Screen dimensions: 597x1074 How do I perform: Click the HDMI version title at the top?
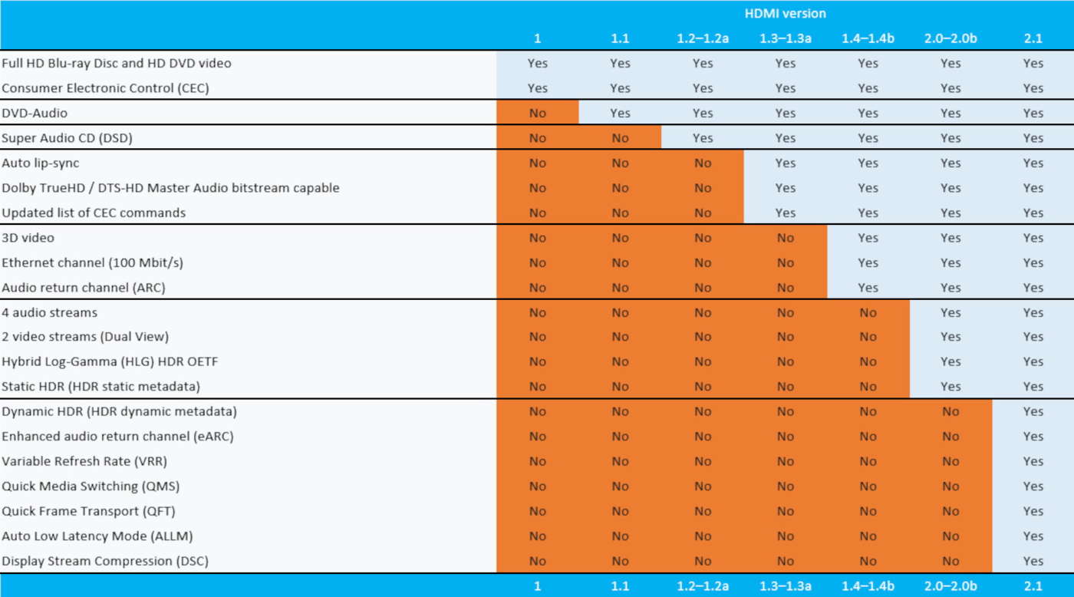[x=785, y=14]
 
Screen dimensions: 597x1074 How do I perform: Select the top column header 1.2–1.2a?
[x=702, y=38]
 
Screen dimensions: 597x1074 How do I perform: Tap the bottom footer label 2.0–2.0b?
[x=950, y=586]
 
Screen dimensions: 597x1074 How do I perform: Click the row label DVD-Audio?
[x=35, y=113]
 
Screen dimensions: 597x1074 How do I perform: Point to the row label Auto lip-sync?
[x=40, y=163]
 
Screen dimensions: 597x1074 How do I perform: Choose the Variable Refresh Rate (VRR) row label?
[x=84, y=461]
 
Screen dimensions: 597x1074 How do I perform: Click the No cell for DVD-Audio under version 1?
[x=537, y=113]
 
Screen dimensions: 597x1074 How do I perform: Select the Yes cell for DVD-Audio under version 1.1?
[x=620, y=113]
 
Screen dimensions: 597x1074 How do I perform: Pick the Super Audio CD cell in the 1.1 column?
[x=620, y=138]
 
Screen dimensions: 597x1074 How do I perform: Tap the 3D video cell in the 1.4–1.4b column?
[x=868, y=238]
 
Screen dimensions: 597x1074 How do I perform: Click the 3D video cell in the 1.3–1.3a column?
[x=785, y=238]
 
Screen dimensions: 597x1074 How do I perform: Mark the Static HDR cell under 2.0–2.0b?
[x=950, y=386]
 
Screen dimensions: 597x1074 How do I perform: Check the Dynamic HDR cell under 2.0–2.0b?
[x=950, y=411]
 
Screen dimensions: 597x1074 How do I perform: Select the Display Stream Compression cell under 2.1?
[x=1033, y=561]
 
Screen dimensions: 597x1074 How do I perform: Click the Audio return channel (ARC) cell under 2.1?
[x=1033, y=288]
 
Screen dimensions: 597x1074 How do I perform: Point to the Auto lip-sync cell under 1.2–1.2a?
[x=702, y=163]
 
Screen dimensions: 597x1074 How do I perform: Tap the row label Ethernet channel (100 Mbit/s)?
[x=92, y=262]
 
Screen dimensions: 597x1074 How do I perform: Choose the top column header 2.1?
[x=1033, y=38]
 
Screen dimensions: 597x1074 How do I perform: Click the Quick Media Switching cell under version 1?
[x=537, y=486]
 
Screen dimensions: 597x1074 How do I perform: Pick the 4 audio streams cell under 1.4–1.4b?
[x=868, y=312]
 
